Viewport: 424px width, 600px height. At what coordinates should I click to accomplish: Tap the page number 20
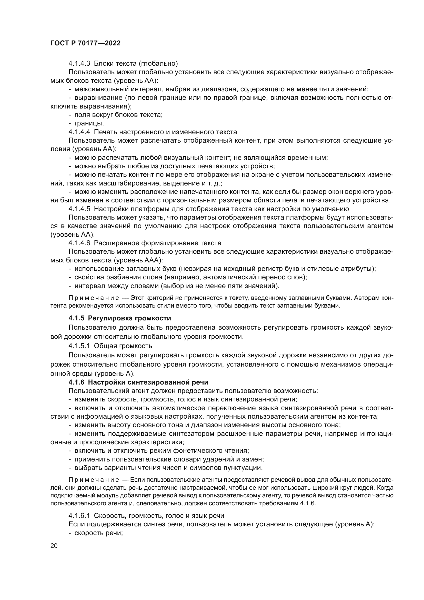coord(54,546)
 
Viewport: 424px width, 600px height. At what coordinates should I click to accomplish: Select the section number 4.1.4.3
coord(79,64)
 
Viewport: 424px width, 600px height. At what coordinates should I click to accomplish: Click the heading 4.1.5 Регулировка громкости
coord(120,318)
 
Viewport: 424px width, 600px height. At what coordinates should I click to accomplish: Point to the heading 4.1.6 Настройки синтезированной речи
coord(138,382)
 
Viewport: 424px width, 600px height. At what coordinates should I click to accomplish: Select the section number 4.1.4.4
coord(79,132)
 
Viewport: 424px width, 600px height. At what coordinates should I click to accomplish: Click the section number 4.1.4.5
coord(79,209)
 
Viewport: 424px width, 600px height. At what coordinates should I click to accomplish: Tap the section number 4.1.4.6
coord(79,243)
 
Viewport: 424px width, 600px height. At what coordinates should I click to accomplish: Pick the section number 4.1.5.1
coord(79,346)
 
